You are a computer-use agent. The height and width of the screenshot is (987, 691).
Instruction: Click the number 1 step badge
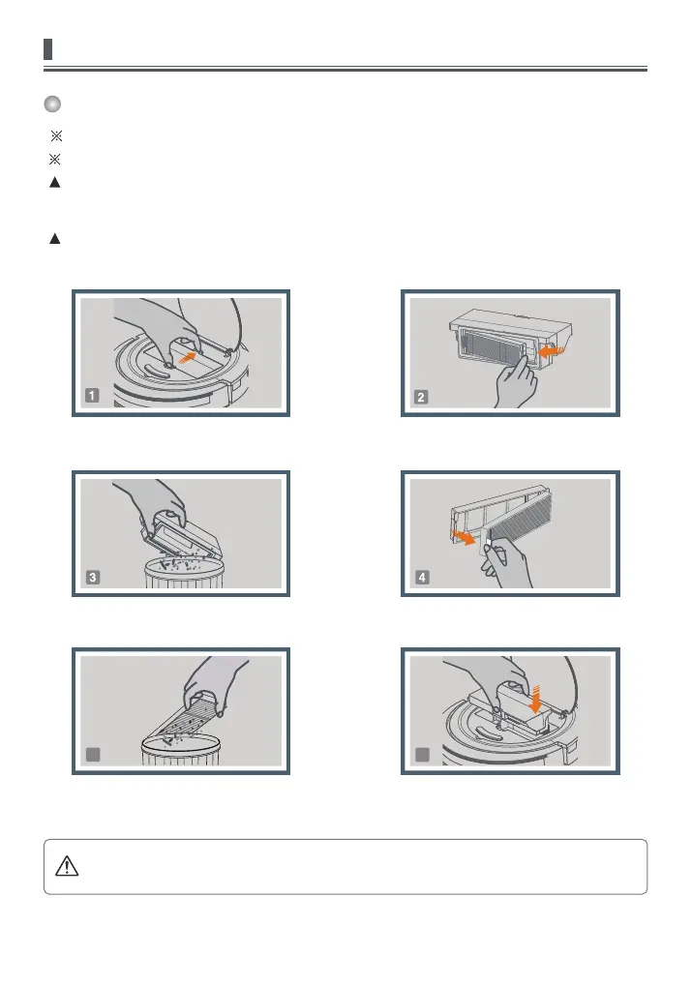[92, 396]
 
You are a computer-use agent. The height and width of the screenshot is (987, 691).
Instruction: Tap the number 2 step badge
[421, 397]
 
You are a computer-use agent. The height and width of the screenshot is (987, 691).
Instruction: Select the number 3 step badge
[93, 578]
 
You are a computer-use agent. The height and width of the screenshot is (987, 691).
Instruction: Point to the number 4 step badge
[422, 578]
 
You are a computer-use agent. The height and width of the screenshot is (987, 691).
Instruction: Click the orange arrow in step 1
[188, 357]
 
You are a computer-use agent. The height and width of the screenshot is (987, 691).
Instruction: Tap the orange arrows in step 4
[464, 538]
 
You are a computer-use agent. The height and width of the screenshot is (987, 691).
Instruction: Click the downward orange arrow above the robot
[535, 700]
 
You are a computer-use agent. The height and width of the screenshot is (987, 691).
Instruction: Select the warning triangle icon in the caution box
[67, 866]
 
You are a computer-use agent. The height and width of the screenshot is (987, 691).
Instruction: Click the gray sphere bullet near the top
[52, 104]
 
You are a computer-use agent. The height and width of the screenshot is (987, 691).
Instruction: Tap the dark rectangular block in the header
[47, 49]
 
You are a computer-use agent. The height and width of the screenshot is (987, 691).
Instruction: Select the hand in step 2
[516, 382]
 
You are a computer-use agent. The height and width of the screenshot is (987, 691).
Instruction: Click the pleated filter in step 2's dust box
[492, 350]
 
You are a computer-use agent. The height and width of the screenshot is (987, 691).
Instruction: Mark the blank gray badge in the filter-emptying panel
[93, 754]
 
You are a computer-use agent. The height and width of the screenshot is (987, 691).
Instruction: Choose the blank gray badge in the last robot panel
[422, 754]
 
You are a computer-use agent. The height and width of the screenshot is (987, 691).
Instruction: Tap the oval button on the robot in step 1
[155, 370]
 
